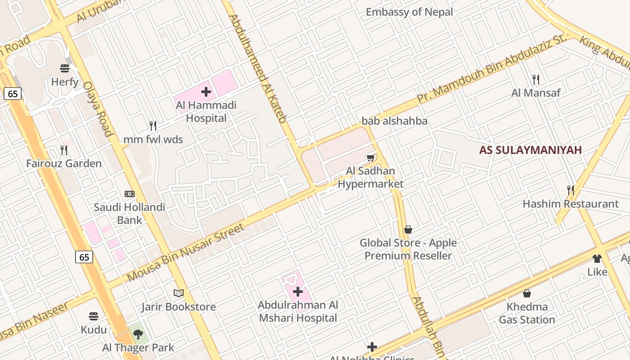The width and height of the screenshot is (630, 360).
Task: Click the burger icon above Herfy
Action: tap(65, 68)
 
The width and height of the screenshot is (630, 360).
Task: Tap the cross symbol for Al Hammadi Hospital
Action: tap(206, 92)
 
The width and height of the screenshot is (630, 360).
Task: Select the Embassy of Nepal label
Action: tap(409, 12)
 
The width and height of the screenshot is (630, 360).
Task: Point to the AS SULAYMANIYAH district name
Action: tap(530, 150)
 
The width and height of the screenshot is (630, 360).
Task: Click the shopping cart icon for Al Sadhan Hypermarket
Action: tap(370, 157)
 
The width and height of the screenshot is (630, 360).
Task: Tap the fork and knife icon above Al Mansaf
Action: tap(535, 80)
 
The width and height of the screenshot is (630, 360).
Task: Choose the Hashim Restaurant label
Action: tap(570, 204)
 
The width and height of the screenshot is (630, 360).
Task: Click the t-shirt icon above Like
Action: tap(597, 258)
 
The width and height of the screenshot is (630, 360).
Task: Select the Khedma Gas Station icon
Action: tap(526, 293)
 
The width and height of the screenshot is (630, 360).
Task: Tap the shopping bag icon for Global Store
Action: tap(408, 229)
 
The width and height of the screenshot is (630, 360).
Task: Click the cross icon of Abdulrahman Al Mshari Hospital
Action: tap(297, 292)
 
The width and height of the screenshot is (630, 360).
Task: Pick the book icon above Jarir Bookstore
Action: tap(179, 293)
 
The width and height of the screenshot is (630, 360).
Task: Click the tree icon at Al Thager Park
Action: tap(138, 334)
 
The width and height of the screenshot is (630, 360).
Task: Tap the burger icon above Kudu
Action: tap(94, 316)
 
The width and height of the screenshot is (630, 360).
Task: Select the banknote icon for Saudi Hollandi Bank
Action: tap(130, 194)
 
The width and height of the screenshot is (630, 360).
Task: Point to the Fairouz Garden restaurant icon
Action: tap(64, 150)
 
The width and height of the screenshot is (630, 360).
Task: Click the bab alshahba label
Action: tap(394, 121)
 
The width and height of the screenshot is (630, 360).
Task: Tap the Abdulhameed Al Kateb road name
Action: tap(258, 68)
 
